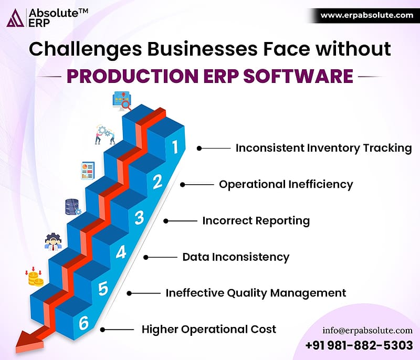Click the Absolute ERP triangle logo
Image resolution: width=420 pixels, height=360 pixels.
[15, 18]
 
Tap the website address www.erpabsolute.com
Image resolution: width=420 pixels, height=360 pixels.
[366, 15]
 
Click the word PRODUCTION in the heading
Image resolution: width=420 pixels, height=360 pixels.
[132, 76]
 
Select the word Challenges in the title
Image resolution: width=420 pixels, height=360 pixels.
[85, 49]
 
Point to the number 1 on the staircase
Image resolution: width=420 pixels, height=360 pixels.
[175, 147]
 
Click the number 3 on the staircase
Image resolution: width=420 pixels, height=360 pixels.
[139, 218]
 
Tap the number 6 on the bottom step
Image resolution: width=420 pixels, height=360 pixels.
[83, 323]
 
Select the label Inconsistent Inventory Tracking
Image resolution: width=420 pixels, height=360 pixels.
[323, 148]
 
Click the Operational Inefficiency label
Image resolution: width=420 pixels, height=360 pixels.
[286, 184]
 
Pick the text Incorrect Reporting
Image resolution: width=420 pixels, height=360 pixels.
[256, 221]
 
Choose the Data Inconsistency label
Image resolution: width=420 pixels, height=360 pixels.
[236, 257]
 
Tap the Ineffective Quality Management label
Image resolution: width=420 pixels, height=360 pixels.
[256, 293]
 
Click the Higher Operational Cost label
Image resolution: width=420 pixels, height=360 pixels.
[209, 329]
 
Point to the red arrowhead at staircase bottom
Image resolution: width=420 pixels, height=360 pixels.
[29, 341]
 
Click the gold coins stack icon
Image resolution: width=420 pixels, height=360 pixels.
[34, 277]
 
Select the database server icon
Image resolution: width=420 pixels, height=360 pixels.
[72, 207]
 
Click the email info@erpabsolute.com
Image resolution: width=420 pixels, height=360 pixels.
[367, 331]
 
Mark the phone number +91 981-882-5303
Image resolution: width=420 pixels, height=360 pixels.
[359, 345]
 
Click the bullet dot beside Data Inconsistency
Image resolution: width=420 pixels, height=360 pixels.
[146, 258]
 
